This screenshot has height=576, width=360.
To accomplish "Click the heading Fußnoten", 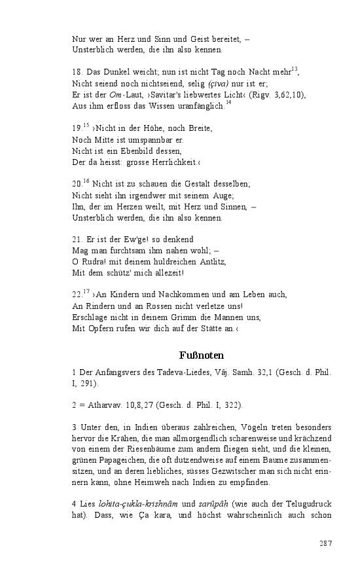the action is (x=202, y=355).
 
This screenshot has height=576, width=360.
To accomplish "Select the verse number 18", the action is (x=77, y=73).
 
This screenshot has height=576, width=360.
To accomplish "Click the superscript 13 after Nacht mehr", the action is (x=295, y=69).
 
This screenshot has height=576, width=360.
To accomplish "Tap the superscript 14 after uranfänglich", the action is (x=228, y=103).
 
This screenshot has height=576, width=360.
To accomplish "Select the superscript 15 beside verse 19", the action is (x=86, y=124).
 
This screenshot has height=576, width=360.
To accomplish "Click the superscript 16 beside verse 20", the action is (x=86, y=180).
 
